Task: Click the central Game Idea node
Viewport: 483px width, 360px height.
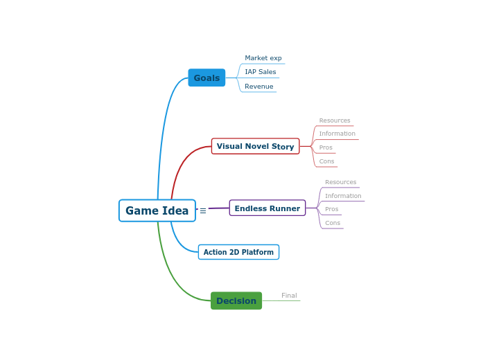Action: [157, 210]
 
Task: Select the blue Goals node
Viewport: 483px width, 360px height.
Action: [207, 78]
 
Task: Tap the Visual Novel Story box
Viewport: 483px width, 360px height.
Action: [255, 146]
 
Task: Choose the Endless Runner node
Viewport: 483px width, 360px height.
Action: [267, 208]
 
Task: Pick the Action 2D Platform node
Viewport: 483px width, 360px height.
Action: [238, 252]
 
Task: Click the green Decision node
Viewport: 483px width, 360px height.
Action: [236, 300]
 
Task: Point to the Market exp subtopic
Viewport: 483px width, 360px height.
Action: [263, 58]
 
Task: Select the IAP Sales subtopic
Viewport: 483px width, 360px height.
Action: [260, 72]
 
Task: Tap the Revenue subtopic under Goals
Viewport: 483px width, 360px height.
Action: [258, 87]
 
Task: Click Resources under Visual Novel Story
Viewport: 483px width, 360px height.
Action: [335, 120]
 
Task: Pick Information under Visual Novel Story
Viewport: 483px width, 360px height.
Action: [337, 134]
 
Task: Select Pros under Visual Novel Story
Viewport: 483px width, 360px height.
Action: [326, 147]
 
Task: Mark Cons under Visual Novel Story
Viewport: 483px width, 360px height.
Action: [326, 161]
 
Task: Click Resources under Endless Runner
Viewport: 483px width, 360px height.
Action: [340, 182]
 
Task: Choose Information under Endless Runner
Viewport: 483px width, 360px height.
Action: [343, 196]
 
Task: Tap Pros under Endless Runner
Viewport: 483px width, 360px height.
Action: [331, 209]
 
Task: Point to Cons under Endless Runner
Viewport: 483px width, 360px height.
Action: [333, 223]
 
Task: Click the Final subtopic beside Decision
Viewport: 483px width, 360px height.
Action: [289, 296]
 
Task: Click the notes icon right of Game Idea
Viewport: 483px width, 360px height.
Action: [203, 211]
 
